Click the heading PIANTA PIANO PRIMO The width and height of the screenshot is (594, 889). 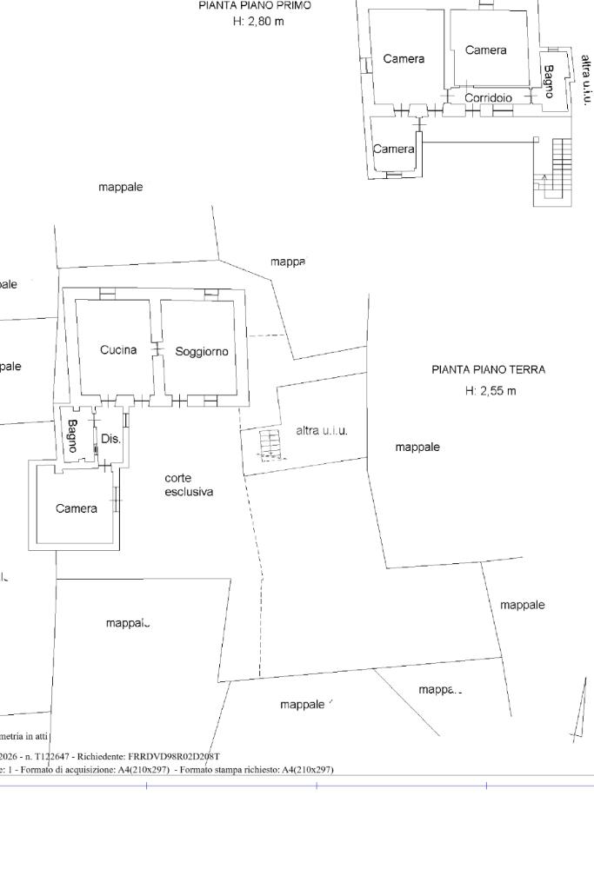[x=255, y=5]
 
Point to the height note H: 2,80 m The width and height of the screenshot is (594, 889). [x=258, y=21]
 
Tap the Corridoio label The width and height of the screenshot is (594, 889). [x=488, y=98]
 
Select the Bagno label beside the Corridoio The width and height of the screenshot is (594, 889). [x=549, y=81]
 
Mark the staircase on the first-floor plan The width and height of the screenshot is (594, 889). [x=554, y=171]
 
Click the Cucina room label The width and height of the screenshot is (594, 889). [x=118, y=350]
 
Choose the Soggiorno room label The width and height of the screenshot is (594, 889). [x=202, y=352]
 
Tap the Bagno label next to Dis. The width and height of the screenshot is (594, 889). [x=72, y=435]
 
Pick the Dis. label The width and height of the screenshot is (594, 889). [x=110, y=439]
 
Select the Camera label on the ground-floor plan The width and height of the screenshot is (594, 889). [x=77, y=508]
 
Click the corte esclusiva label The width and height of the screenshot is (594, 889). [x=189, y=485]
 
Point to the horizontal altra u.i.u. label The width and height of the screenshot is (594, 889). [x=322, y=430]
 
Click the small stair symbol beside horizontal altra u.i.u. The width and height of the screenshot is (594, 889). [x=271, y=443]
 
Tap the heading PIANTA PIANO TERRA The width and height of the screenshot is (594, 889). [x=489, y=369]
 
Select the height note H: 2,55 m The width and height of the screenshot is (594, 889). [x=491, y=391]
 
